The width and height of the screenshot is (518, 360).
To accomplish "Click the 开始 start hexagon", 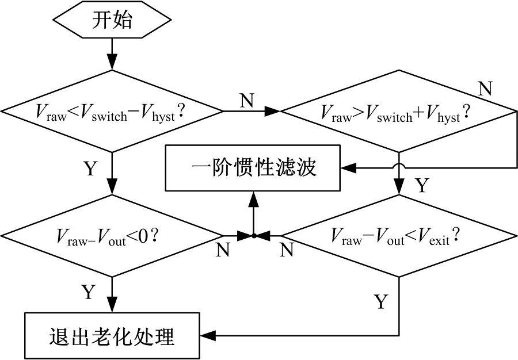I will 112,21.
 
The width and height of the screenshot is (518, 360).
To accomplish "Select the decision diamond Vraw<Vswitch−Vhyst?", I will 112,110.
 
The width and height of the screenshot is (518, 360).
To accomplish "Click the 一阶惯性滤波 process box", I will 254,168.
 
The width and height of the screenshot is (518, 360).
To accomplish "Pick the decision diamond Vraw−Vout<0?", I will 112,235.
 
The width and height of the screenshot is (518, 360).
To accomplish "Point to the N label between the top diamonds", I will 246,100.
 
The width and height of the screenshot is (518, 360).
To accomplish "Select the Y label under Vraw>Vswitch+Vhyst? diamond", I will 422,186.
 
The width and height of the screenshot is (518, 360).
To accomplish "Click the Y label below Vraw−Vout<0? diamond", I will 87,292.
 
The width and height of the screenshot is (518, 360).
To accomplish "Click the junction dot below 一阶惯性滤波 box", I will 253,235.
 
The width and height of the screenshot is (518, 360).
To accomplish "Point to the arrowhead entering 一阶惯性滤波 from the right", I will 348,168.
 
